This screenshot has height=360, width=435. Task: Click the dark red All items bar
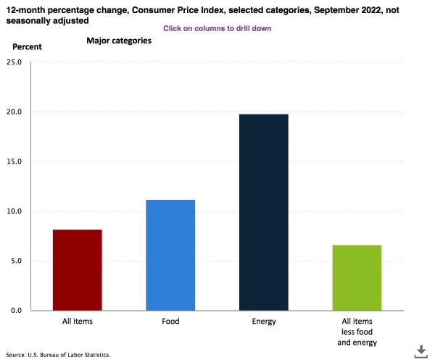point(78,269)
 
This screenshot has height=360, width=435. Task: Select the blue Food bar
point(170,255)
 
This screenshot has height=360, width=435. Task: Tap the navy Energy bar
point(264,212)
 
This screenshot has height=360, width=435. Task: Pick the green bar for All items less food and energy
point(357,277)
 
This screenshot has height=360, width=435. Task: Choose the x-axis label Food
point(170,321)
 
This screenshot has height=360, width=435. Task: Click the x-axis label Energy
point(264,321)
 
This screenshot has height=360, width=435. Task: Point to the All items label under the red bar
point(78,321)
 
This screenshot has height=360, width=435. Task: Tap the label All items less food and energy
point(357,331)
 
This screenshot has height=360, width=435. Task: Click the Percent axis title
point(28,46)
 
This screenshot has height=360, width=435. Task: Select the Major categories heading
point(119,41)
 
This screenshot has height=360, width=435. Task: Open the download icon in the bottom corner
point(420,351)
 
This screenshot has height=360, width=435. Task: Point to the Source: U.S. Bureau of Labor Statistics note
point(58,355)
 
